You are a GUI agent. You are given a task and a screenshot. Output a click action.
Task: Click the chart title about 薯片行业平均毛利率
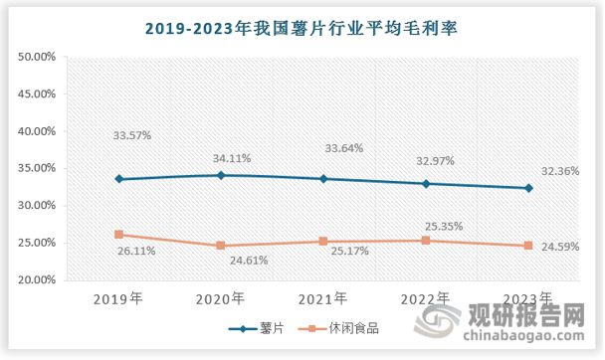pyautogui.click(x=302, y=28)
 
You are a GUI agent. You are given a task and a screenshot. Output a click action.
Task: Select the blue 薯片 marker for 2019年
pyautogui.click(x=119, y=179)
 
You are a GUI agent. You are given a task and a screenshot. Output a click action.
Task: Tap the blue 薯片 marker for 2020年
pyautogui.click(x=221, y=175)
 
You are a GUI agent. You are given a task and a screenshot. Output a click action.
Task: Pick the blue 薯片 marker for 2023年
pyautogui.click(x=528, y=188)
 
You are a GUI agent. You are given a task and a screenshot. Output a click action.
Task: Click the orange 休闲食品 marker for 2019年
pyautogui.click(x=119, y=235)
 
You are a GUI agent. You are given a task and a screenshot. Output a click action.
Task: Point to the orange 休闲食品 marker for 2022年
pyautogui.click(x=426, y=240)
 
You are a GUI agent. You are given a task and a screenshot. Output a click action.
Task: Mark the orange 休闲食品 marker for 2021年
pyautogui.click(x=323, y=242)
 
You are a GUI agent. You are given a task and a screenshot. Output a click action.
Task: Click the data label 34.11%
pyautogui.click(x=232, y=157)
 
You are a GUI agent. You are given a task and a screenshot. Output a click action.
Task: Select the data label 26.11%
pyautogui.click(x=135, y=253)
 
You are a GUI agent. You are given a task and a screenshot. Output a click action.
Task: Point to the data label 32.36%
pyautogui.click(x=561, y=170)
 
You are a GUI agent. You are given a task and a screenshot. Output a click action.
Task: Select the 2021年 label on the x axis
pyautogui.click(x=323, y=297)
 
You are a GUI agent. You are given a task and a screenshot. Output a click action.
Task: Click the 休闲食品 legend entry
pyautogui.click(x=344, y=327)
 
